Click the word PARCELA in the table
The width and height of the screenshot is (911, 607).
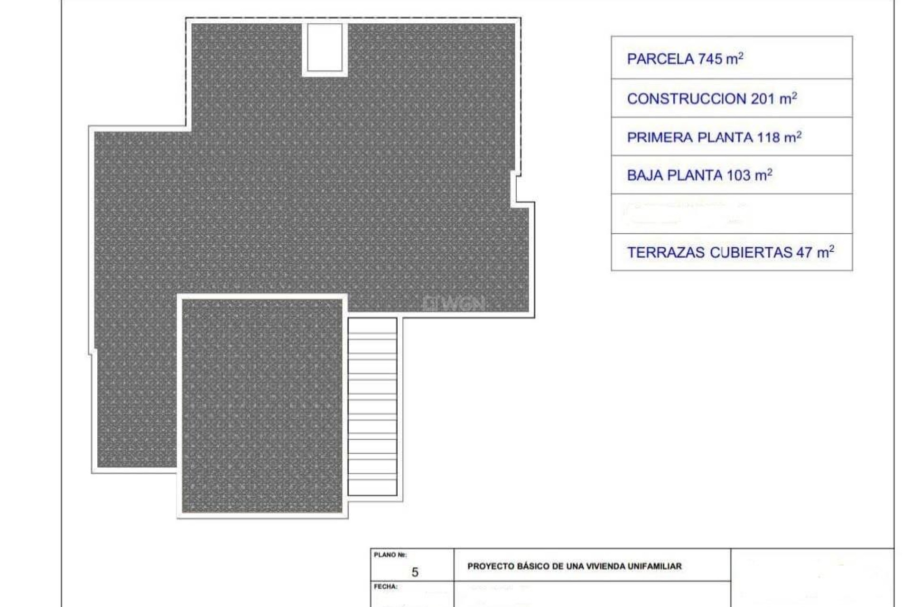coord(661,59)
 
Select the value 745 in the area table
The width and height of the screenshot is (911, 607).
coord(710,59)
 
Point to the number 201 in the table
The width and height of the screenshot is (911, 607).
coord(762,99)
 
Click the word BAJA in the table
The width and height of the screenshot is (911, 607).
coord(645,175)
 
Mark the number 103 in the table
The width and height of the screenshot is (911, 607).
coord(739,175)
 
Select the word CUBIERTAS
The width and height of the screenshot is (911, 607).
coord(751,253)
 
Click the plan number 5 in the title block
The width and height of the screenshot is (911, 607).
coord(415,572)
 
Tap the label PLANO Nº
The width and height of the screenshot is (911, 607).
coord(390,555)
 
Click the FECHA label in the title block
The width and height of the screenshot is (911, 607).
coord(385,587)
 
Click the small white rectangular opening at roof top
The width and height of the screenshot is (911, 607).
coord(325,47)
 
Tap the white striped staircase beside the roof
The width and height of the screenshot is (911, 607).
coord(372,407)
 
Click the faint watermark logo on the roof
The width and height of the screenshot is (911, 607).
coord(454,303)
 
